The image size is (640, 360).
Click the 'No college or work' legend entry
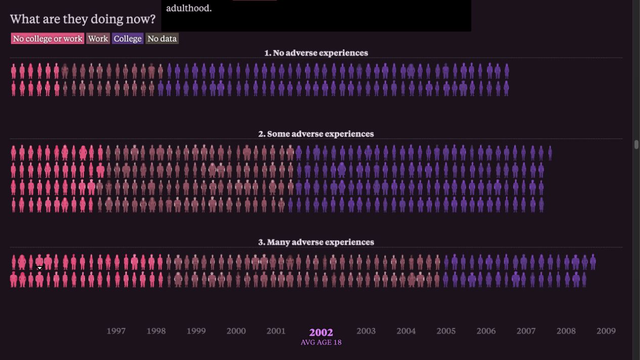(x=48, y=38)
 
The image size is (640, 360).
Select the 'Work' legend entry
(x=98, y=38)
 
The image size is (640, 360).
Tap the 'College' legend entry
(x=127, y=38)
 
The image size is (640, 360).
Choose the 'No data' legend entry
(x=162, y=38)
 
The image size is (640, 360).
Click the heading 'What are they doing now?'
(x=83, y=19)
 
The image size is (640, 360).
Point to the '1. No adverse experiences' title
(x=316, y=53)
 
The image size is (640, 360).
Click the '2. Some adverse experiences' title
(x=316, y=134)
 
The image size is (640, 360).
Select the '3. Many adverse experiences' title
(x=316, y=242)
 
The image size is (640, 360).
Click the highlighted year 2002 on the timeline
(x=321, y=332)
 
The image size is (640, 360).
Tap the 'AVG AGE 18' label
(x=321, y=342)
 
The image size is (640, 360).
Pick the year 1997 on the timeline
(x=116, y=331)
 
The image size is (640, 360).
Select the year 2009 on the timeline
(x=606, y=331)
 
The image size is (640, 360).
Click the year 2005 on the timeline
(x=446, y=331)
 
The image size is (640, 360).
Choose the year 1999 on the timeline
(x=196, y=331)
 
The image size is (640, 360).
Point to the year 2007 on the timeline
(x=526, y=331)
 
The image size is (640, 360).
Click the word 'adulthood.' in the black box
(x=189, y=8)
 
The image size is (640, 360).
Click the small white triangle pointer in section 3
(x=39, y=268)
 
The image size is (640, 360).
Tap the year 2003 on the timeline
(x=366, y=331)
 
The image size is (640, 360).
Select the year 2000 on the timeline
(x=236, y=331)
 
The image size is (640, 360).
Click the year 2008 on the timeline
(x=566, y=331)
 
